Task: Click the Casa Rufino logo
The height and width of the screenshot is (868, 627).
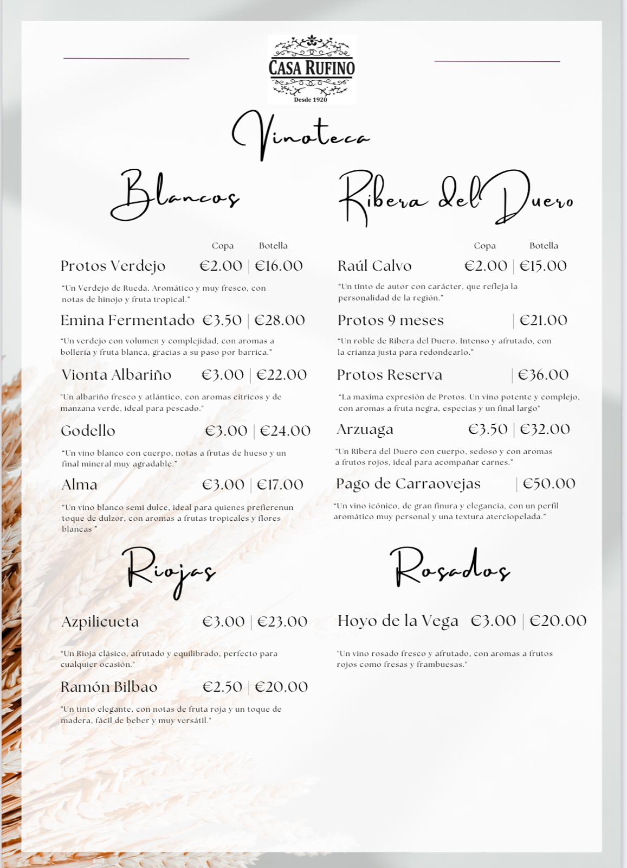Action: point(312,69)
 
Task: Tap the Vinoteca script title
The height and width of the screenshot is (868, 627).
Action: point(301,136)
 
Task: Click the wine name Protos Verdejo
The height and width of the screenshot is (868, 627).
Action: point(113,266)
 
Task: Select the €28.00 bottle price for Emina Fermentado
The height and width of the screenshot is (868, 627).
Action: point(280,320)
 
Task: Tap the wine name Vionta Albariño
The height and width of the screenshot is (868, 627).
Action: point(116,375)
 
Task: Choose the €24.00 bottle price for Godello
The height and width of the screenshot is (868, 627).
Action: point(285,431)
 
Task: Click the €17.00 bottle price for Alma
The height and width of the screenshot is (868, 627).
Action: point(280,484)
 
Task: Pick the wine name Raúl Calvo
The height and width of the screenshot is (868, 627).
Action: point(374,266)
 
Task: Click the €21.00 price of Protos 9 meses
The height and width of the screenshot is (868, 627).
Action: point(543,320)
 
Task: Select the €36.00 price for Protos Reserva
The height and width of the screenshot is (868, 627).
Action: point(543,375)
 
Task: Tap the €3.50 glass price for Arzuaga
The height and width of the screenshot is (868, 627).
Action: point(488,429)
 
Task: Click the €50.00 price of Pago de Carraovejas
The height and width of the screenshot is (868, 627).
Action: point(548,483)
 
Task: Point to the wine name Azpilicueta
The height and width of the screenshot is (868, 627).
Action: point(100,622)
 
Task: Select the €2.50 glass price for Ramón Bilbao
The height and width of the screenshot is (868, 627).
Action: point(222,687)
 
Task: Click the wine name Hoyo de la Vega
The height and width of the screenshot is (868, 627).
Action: point(398,621)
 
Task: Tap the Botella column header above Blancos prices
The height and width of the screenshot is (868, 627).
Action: point(273,246)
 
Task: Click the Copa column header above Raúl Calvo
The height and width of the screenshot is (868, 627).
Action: point(484,246)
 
